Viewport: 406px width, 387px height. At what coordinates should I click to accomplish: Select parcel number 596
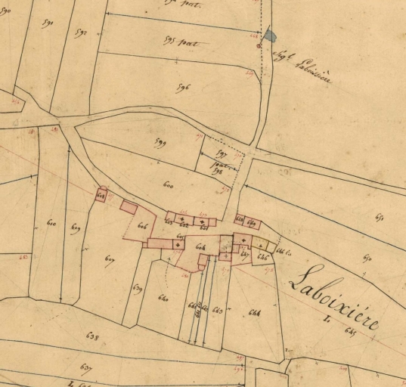(x=182, y=88)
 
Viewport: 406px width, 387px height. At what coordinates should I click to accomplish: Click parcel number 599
(x=160, y=142)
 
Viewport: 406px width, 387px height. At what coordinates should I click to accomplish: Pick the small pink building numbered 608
(x=101, y=196)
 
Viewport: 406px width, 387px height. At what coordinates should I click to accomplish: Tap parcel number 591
(x=49, y=23)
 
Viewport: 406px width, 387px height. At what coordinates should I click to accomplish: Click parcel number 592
(x=81, y=33)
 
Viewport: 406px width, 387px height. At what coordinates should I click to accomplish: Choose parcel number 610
(x=51, y=224)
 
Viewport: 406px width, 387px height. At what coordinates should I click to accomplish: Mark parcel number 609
(x=76, y=228)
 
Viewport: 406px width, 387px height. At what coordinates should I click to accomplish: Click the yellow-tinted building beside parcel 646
(x=262, y=243)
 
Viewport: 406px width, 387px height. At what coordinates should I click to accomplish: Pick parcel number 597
(x=222, y=153)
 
